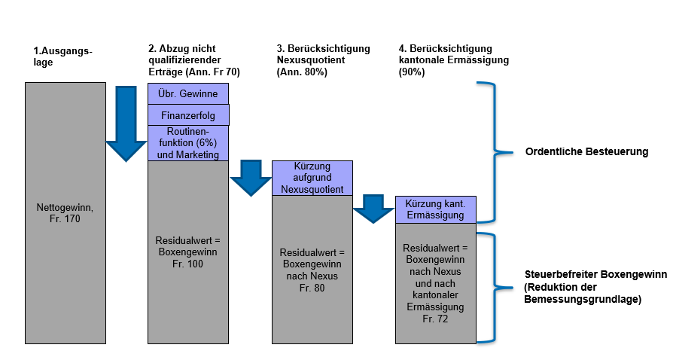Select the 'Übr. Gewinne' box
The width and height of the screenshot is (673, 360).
coord(188,93)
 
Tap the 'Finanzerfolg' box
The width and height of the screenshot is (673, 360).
coord(188,115)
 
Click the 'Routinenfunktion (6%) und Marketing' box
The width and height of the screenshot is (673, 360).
coord(188,143)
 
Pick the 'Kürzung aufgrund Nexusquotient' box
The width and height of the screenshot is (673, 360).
coord(312,178)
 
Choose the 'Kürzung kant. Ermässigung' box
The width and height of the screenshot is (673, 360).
coord(435,209)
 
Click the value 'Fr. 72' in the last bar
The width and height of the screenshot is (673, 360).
coord(435,319)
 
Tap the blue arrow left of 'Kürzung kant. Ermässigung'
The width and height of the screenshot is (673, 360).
coord(373,208)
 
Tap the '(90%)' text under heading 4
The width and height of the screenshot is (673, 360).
coord(411,72)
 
